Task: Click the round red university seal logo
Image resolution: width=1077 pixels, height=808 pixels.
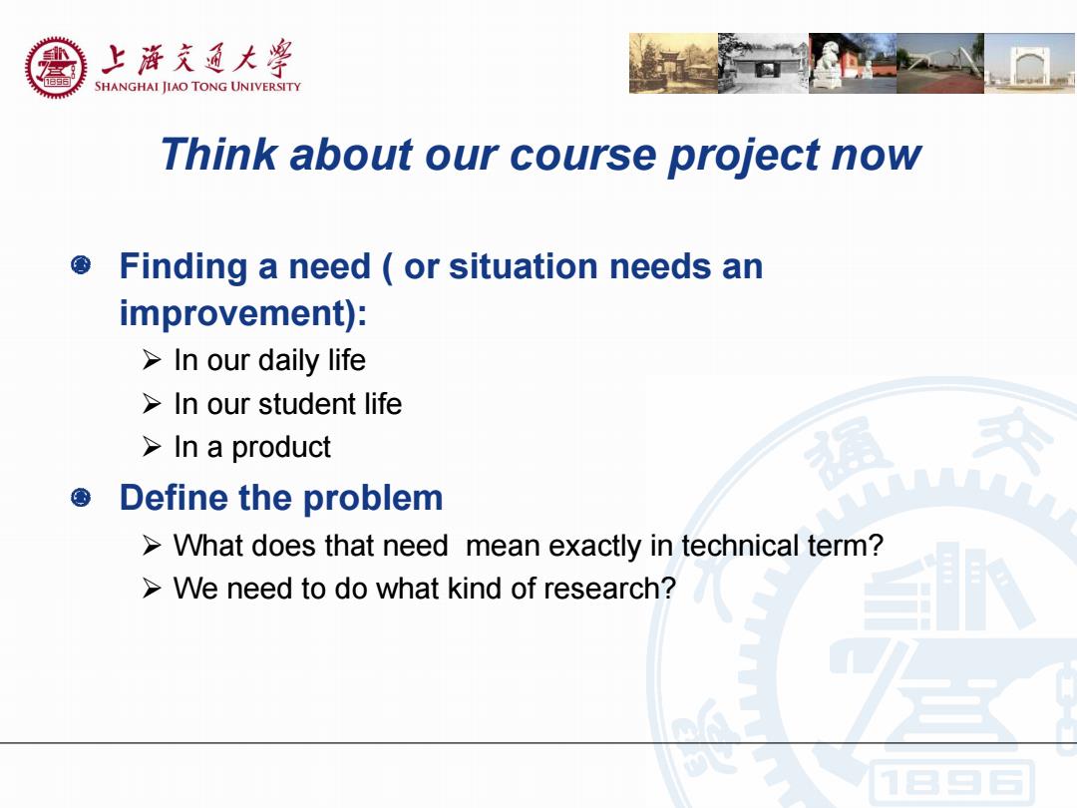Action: coord(56,68)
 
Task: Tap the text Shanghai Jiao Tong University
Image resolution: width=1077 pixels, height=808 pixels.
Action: coord(197,87)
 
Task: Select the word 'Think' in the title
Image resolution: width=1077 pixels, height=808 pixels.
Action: coord(219,154)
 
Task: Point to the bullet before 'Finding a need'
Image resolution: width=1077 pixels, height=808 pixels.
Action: coord(81,264)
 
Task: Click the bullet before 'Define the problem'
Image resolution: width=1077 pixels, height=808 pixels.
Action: coord(81,497)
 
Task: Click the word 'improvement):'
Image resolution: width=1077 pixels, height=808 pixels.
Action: coord(243,314)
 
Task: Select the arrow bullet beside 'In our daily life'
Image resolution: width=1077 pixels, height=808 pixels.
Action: coord(152,359)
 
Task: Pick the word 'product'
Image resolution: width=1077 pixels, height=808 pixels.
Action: coord(281,448)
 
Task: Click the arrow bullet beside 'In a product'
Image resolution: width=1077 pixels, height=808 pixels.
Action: coord(152,447)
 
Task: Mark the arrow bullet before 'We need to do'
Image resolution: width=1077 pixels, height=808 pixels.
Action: coord(152,589)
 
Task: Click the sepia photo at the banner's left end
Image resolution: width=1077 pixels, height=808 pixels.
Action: coord(674,63)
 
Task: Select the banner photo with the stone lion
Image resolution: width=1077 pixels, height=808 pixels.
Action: coord(853,63)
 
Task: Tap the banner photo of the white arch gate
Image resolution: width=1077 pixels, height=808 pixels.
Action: coord(1030,63)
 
